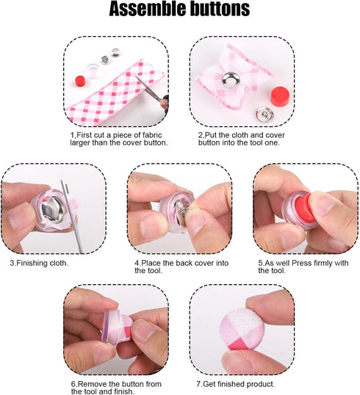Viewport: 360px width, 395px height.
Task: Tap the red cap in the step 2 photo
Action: pyautogui.click(x=280, y=94)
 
